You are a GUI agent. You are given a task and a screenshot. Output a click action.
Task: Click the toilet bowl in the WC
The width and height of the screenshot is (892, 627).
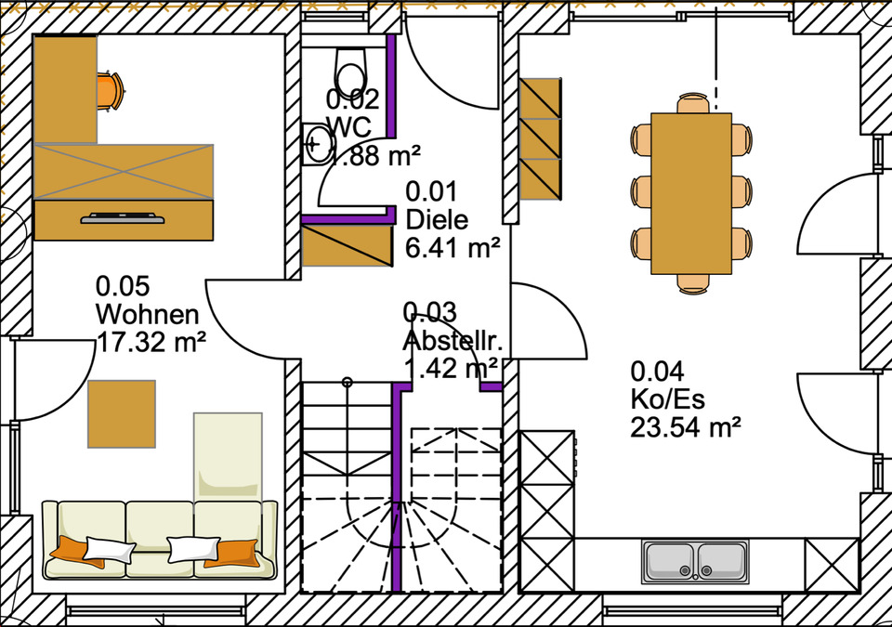[350, 69]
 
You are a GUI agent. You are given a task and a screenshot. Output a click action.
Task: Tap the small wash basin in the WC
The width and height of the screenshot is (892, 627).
[318, 144]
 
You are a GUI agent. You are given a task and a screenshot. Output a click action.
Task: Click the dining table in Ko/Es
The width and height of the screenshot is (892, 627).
[691, 193]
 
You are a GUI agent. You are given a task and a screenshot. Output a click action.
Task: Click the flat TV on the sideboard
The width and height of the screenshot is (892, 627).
[123, 219]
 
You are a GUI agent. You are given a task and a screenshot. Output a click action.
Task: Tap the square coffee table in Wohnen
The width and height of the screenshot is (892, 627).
[122, 414]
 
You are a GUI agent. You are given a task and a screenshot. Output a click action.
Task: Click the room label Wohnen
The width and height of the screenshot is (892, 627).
[147, 313]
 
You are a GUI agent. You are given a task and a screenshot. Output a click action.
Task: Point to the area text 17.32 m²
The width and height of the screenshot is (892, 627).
[151, 342]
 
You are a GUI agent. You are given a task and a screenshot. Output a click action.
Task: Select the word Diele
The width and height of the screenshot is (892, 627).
[437, 220]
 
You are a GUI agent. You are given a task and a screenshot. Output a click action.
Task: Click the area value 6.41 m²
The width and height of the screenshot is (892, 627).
[453, 248]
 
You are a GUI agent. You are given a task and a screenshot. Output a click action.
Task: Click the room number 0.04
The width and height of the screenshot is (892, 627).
[658, 372]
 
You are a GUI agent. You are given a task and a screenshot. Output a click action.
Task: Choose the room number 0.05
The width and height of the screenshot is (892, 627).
[123, 285]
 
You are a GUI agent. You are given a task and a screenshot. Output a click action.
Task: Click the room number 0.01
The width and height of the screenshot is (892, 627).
[431, 192]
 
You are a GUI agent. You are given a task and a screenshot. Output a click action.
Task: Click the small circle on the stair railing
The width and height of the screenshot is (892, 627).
[347, 381]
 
